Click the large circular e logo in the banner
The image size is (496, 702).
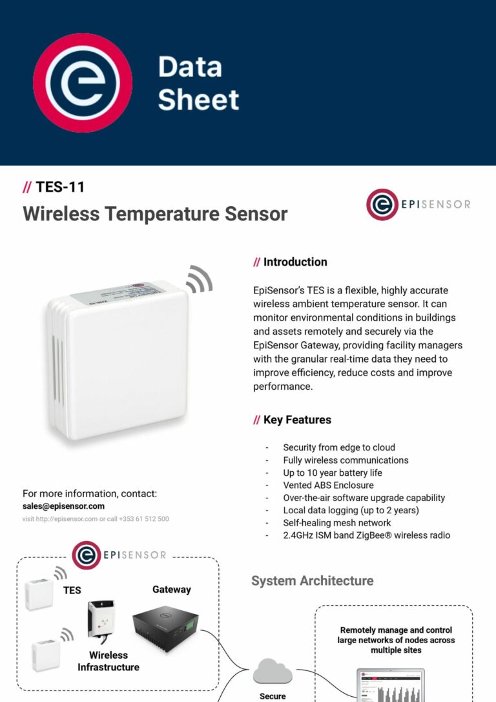tap(83, 83)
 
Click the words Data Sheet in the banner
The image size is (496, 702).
tap(198, 83)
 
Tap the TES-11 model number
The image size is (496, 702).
tap(60, 187)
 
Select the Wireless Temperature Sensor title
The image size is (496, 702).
tap(155, 213)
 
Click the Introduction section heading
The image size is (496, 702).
tap(294, 262)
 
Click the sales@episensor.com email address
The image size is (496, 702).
tap(63, 506)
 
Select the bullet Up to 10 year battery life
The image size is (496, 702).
tap(333, 473)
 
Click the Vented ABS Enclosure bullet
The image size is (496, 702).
tap(328, 485)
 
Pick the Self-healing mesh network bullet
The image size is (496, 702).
tap(337, 522)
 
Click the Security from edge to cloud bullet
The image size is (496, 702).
tap(339, 447)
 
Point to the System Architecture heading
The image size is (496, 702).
tap(312, 580)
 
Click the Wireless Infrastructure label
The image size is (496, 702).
tap(108, 661)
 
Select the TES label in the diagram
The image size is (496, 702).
tap(72, 590)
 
